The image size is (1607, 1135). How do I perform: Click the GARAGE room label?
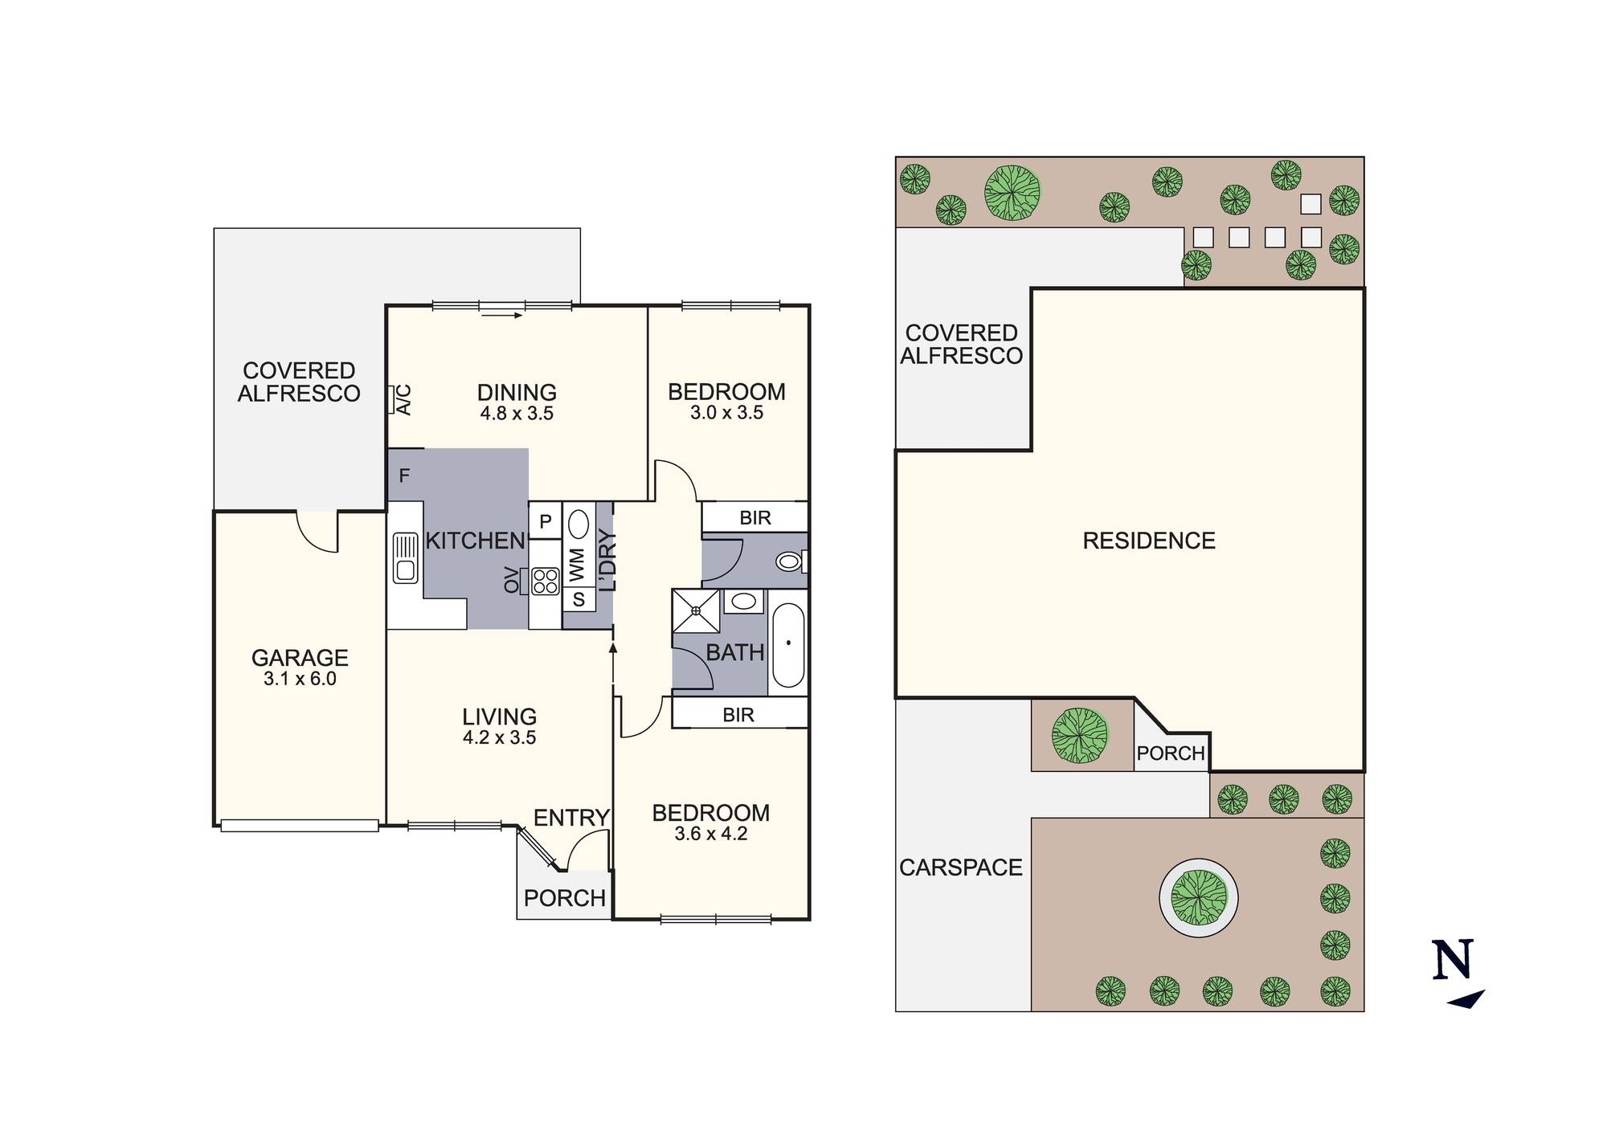(300, 658)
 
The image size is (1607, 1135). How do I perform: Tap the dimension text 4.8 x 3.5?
(517, 414)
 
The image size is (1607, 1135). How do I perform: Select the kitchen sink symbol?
(406, 557)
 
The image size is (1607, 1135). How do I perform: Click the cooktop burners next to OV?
(546, 581)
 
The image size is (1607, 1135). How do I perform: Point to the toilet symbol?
(791, 561)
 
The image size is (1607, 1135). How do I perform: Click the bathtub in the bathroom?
(788, 644)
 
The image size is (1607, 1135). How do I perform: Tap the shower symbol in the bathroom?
(696, 610)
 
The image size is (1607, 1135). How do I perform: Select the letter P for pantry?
(546, 521)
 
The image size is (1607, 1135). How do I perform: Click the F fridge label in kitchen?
(404, 476)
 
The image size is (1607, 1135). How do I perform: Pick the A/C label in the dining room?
(404, 399)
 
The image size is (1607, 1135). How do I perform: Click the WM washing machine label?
(577, 565)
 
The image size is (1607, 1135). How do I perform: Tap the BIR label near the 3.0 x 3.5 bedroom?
(755, 518)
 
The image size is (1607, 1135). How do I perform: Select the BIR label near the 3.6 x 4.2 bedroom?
(738, 715)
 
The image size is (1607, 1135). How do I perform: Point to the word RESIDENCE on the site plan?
(1149, 541)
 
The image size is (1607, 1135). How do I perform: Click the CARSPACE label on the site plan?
(961, 868)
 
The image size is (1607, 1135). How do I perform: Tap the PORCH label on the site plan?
(1171, 753)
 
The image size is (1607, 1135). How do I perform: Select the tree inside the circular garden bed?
(1199, 897)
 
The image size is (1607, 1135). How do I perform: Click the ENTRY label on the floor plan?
(571, 818)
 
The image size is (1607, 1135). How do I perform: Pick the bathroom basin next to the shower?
(744, 601)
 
